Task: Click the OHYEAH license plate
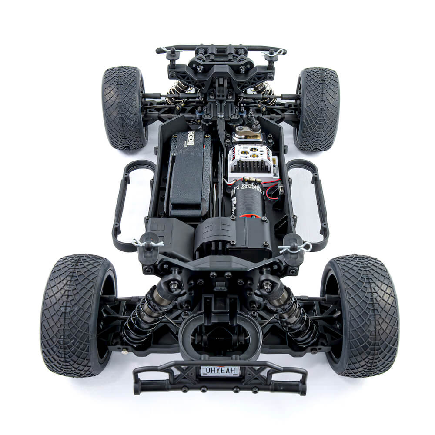(x=220, y=371)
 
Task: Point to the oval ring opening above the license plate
(x=220, y=333)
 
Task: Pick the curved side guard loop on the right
(x=310, y=204)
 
